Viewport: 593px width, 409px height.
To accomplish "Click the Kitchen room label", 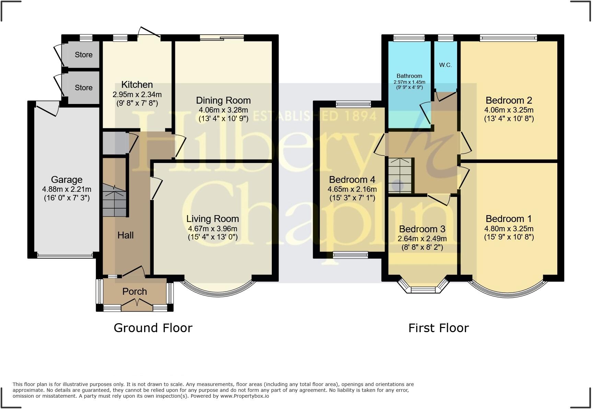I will [x=137, y=85].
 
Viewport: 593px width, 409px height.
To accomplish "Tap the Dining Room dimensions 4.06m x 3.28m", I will [x=223, y=110].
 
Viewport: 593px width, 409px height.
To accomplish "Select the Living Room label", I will [x=212, y=219].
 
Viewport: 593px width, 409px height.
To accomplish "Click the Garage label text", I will [x=67, y=180].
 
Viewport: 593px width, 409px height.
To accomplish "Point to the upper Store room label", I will [x=83, y=55].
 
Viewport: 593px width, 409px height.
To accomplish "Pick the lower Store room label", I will [x=83, y=88].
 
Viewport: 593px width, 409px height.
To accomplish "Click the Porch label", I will [x=135, y=292].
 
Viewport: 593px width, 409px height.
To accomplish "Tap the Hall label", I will [x=125, y=235].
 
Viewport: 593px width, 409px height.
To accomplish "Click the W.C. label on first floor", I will [x=445, y=65].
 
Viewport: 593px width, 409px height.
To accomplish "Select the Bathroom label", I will [x=409, y=76].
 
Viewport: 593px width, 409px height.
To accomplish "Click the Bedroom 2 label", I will [x=509, y=101].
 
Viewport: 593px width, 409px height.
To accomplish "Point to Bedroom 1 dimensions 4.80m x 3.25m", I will [x=509, y=229].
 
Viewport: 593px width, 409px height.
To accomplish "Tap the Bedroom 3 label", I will [x=422, y=229].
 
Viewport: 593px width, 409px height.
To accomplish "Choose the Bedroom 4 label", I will [x=352, y=180].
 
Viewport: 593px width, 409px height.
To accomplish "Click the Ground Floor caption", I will [x=153, y=328].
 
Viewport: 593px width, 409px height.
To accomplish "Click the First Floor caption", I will [x=438, y=328].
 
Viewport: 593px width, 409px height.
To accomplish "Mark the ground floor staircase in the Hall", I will [x=114, y=201].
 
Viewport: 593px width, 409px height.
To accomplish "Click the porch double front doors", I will [x=137, y=304].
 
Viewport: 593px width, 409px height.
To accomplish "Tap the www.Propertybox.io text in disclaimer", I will [x=244, y=396].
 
